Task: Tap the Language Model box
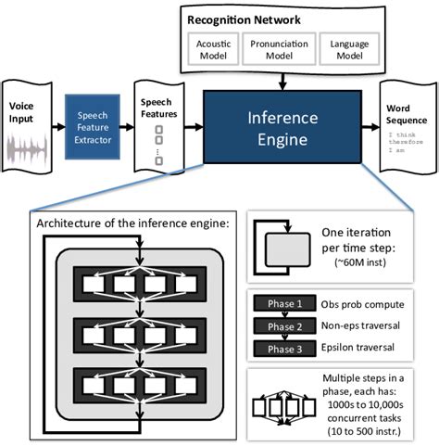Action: [341, 48]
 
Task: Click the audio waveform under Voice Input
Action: [26, 150]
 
